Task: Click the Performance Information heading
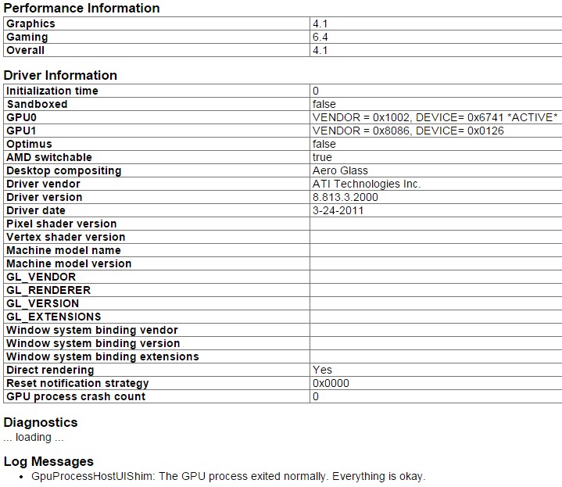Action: pos(81,9)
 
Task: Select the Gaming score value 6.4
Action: pos(320,37)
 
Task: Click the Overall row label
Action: pos(26,50)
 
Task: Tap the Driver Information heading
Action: pos(60,76)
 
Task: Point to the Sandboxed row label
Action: pos(37,104)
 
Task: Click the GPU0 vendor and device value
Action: pos(435,117)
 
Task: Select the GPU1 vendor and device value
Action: pos(407,131)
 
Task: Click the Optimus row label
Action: pos(29,144)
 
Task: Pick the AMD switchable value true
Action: pos(322,157)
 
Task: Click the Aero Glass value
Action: pos(340,170)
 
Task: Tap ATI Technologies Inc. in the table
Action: pos(366,184)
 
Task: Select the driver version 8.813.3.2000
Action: pos(345,197)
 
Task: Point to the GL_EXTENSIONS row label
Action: pos(54,317)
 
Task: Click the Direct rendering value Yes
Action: pos(322,370)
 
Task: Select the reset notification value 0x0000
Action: pos(331,383)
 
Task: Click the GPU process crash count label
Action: pos(76,396)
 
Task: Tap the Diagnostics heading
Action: pos(41,423)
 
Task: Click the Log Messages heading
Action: pos(48,461)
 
